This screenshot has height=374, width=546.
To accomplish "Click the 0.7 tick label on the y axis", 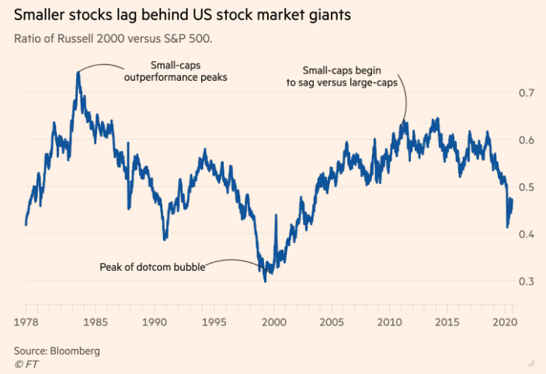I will click(x=525, y=93).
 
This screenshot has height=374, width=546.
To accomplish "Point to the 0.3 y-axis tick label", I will click(x=525, y=281).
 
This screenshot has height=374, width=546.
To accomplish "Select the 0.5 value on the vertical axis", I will click(x=525, y=187).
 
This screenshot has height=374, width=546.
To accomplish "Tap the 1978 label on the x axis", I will click(x=26, y=321).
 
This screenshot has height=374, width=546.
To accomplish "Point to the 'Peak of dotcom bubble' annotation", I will click(x=152, y=268).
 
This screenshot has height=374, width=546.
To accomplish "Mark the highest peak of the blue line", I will click(x=78, y=72).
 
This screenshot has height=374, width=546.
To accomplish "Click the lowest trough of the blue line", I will click(x=266, y=280).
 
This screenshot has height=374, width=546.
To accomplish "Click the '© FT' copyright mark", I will click(x=25, y=363).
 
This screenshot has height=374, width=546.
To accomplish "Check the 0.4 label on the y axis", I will click(x=525, y=234).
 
